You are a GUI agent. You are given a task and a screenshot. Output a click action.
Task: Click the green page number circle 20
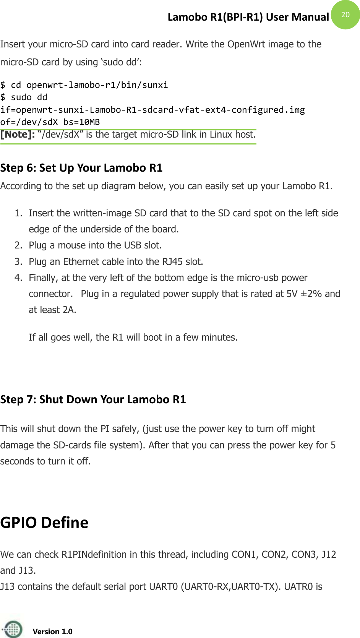pyautogui.click(x=345, y=15)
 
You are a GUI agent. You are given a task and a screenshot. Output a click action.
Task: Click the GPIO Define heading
pyautogui.click(x=44, y=523)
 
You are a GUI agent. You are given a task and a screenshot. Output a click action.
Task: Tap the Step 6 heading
pyautogui.click(x=81, y=168)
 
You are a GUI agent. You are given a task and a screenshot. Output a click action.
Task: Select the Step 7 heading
pyautogui.click(x=93, y=399)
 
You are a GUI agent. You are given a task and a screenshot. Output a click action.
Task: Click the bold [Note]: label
pyautogui.click(x=18, y=135)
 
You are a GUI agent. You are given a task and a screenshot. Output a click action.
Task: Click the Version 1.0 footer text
pyautogui.click(x=52, y=632)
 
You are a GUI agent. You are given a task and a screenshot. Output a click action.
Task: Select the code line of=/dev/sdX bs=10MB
pyautogui.click(x=50, y=122)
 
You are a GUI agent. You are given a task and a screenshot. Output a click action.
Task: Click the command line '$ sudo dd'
pyautogui.click(x=24, y=97)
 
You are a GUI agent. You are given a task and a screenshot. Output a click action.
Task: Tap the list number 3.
pyautogui.click(x=18, y=262)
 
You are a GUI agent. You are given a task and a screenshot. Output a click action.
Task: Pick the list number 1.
pyautogui.click(x=18, y=213)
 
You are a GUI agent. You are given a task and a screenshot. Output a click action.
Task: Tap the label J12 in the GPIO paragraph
pyautogui.click(x=328, y=555)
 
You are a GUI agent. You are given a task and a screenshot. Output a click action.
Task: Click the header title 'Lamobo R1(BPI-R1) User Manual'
pyautogui.click(x=248, y=17)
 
